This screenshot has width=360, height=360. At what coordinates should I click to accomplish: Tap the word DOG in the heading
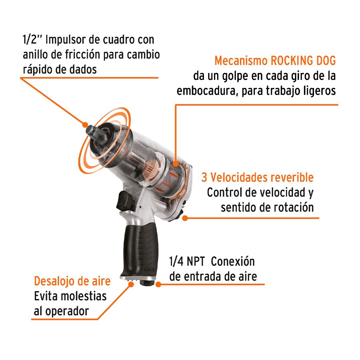click(326, 61)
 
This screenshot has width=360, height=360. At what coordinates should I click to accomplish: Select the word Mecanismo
click(241, 61)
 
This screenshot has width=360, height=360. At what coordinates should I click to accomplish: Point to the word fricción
click(82, 55)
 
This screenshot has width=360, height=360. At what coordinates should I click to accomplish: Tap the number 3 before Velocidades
click(204, 177)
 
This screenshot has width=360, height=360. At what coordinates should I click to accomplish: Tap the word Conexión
click(233, 261)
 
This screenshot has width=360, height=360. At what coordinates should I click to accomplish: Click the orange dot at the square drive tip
click(85, 125)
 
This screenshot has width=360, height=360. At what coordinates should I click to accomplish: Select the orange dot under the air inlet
click(158, 284)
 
